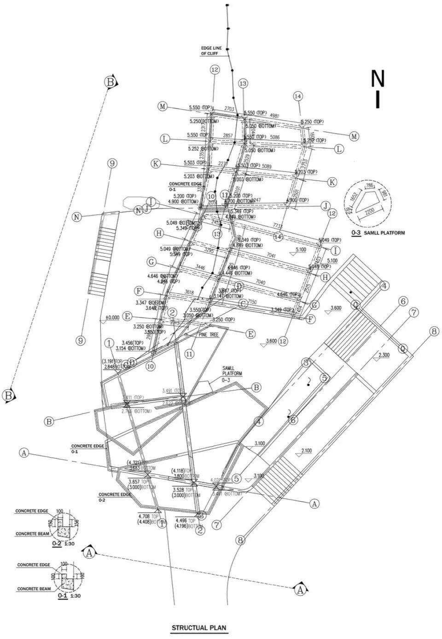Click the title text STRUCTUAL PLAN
tap(199, 627)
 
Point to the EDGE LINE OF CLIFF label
tap(211, 51)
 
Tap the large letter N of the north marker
tap(378, 79)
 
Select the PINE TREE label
tap(209, 335)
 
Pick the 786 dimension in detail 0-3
tap(368, 186)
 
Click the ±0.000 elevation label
tap(112, 317)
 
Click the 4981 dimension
tap(275, 116)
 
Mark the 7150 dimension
tap(252, 302)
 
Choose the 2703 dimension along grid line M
tap(229, 109)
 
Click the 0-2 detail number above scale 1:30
tap(57, 544)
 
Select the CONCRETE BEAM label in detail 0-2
tap(33, 534)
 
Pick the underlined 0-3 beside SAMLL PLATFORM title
tap(356, 233)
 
